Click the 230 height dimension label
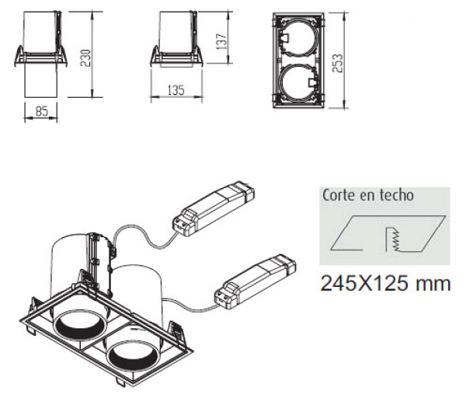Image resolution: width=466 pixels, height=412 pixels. [x=85, y=58]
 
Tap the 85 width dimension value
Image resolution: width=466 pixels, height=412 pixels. [x=42, y=112]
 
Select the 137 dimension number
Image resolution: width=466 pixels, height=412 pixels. [x=221, y=41]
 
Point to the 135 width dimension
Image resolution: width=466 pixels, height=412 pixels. [x=176, y=90]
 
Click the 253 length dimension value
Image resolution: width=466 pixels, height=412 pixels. [x=337, y=63]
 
